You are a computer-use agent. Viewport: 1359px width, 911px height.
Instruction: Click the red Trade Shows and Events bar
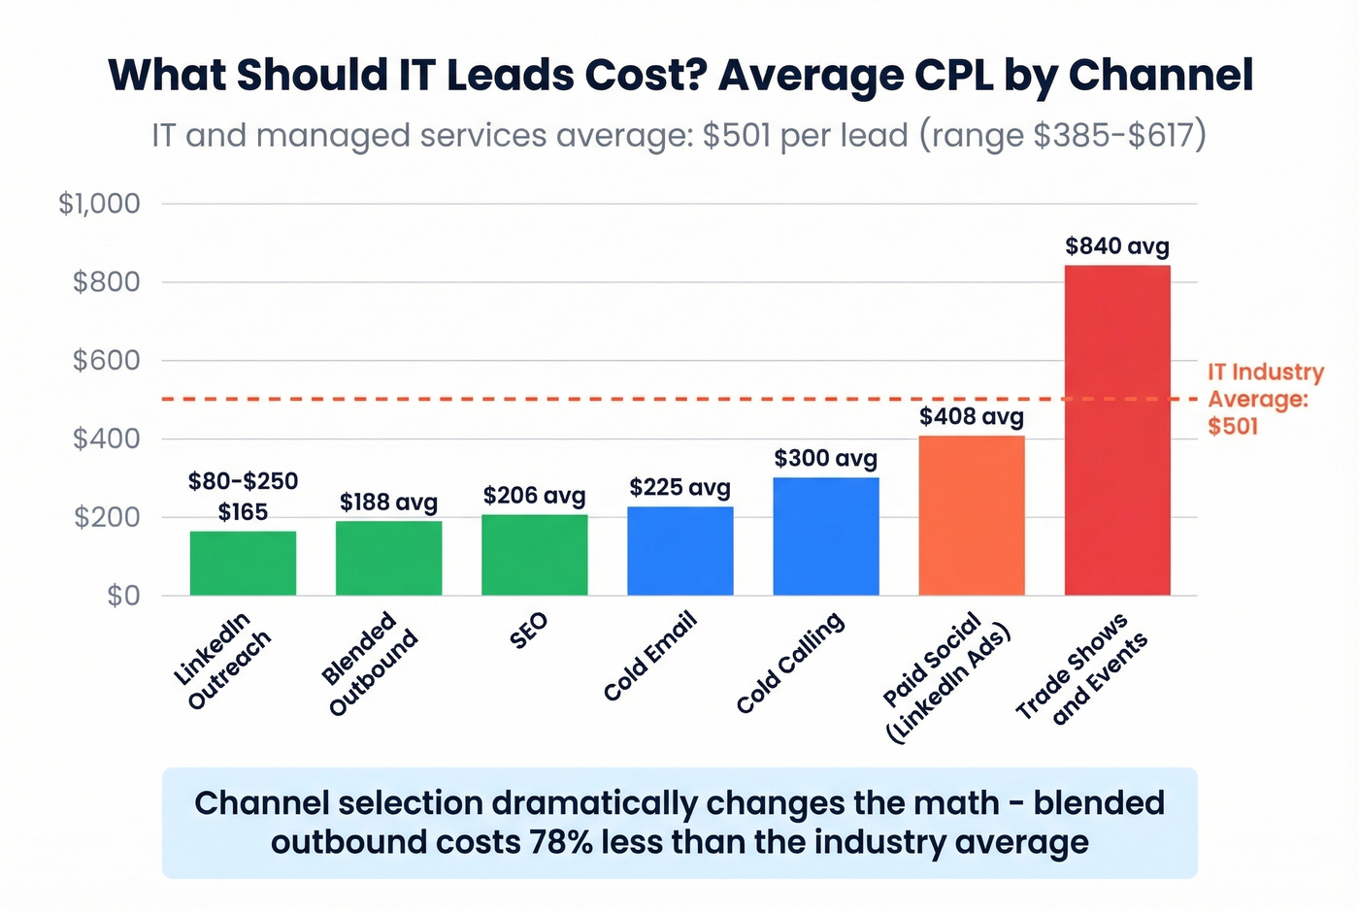point(1116,430)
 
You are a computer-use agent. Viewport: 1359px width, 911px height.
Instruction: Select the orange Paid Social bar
point(971,515)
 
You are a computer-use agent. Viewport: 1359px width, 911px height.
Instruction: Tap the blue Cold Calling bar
point(825,537)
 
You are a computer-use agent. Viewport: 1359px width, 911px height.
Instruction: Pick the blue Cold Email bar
point(679,551)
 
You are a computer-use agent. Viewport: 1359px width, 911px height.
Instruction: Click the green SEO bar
point(534,555)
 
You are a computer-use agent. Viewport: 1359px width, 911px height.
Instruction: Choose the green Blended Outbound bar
point(388,558)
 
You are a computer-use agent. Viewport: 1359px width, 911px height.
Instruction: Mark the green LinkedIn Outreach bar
point(243,563)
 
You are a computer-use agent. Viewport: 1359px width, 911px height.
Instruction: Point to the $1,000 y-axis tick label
point(99,204)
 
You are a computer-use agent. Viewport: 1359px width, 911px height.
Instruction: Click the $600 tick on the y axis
point(106,360)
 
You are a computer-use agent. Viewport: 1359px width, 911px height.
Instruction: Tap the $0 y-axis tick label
point(123,595)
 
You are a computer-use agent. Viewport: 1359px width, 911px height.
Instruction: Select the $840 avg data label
point(1116,246)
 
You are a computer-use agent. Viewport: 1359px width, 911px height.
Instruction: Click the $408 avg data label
point(971,417)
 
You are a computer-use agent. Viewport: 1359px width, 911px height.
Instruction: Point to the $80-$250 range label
point(243,481)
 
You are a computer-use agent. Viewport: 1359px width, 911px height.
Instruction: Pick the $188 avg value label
point(388,502)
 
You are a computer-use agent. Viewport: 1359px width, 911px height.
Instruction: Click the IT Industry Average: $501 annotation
point(1264,399)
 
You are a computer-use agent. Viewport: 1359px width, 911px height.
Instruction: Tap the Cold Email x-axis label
point(648,657)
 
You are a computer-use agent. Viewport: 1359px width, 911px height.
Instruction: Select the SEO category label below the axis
point(529,631)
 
